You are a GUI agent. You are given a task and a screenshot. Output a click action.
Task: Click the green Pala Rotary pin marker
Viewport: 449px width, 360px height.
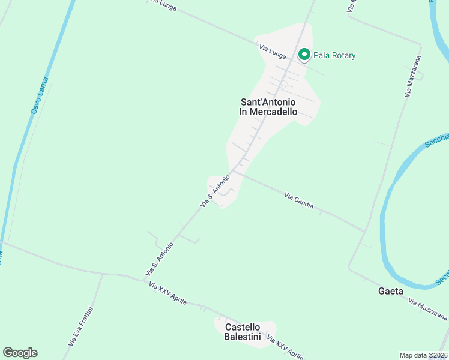[x=304, y=55]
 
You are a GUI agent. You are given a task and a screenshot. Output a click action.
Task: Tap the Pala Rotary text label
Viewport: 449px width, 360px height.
[x=334, y=56]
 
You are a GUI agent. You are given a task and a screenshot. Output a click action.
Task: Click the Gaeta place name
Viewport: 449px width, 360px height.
[x=390, y=291]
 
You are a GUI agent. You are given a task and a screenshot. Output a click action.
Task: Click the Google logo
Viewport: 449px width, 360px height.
[x=20, y=353]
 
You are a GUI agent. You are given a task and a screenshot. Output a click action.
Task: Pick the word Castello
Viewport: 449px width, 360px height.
[x=243, y=327]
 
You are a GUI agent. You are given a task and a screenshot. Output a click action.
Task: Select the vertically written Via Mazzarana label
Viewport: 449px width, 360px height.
[x=412, y=77]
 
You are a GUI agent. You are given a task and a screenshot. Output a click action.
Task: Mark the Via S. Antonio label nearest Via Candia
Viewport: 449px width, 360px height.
[x=215, y=190]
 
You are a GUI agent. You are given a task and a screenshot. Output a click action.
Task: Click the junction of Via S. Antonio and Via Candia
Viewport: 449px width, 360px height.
[x=233, y=171]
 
